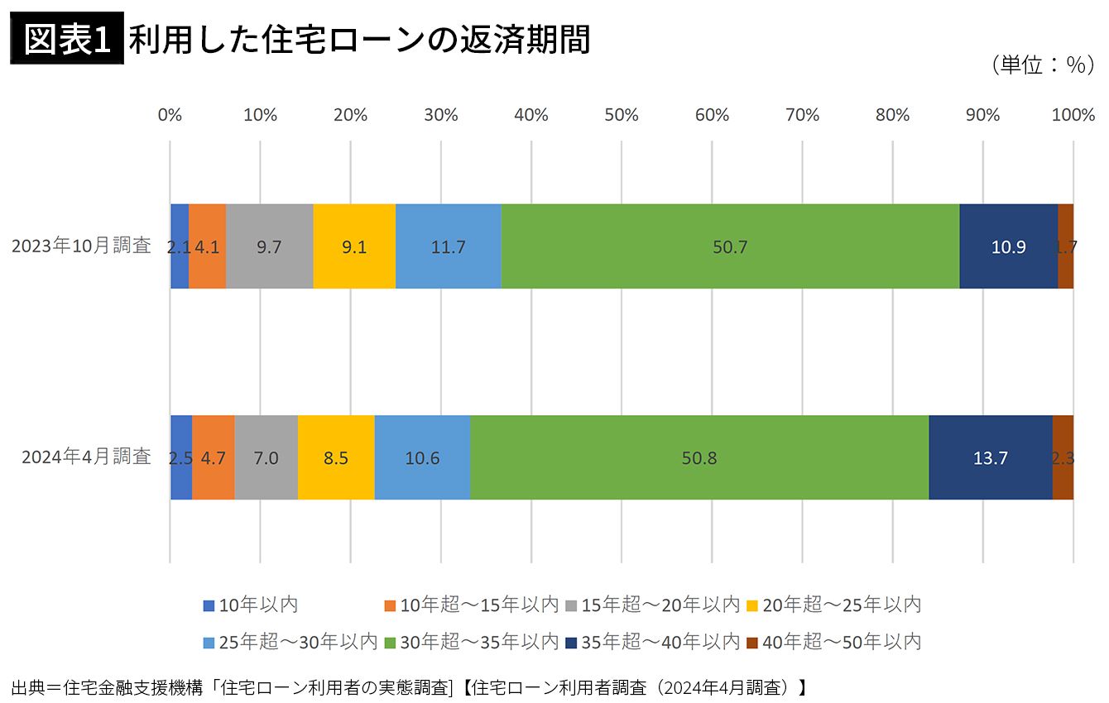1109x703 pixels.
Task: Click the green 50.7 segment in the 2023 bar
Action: click(730, 246)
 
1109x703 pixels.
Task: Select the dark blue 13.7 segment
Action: click(990, 457)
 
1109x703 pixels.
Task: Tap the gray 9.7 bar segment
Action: click(269, 246)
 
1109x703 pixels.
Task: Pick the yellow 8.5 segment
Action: click(336, 457)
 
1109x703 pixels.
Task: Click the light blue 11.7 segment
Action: click(448, 246)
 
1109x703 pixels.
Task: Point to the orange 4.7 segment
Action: click(213, 457)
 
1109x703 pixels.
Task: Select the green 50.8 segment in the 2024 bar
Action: click(699, 457)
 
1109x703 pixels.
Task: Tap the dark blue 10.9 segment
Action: click(1008, 246)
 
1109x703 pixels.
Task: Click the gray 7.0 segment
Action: click(266, 457)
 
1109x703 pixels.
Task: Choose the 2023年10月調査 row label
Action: click(81, 246)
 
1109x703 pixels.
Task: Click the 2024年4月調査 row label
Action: click(86, 457)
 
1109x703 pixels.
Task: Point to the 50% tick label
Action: click(621, 115)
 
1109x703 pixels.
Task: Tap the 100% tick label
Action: click(1073, 115)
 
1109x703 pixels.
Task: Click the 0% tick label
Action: click(170, 115)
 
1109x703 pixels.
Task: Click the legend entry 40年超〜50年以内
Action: click(833, 642)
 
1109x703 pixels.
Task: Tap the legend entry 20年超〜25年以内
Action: click(833, 605)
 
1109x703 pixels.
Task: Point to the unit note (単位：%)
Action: click(1042, 66)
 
